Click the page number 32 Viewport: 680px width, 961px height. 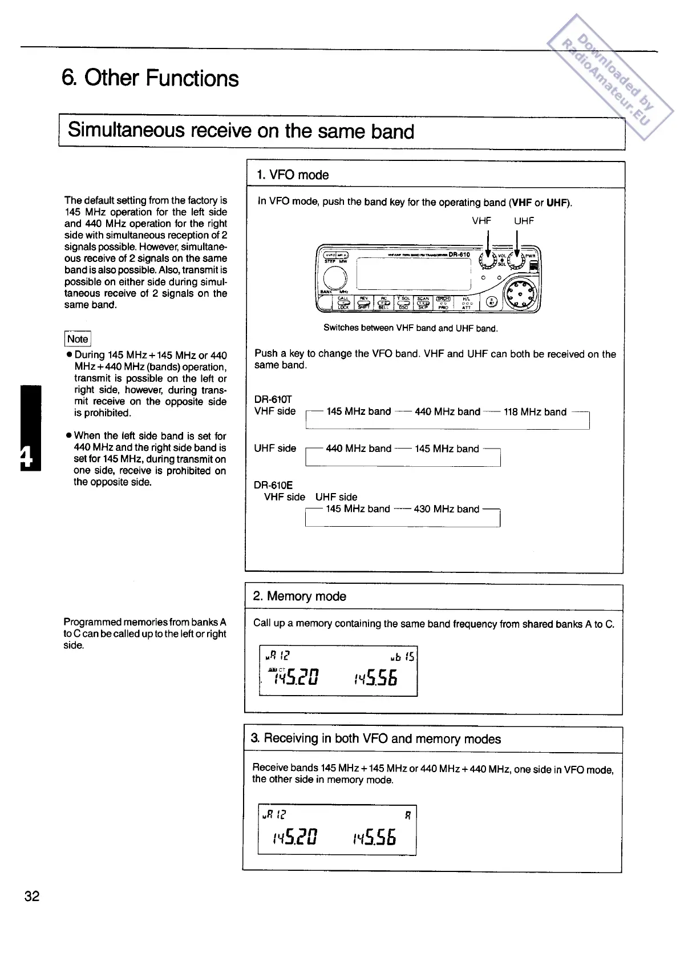32,895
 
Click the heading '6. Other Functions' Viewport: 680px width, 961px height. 150,78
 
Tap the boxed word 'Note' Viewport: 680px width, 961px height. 78,339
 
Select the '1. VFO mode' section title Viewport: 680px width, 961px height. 293,175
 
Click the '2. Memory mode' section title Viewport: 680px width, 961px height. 299,596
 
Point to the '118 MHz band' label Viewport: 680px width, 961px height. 535,412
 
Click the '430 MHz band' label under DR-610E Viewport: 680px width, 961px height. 446,509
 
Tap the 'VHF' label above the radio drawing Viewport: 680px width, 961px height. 481,221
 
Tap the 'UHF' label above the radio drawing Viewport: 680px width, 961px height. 524,221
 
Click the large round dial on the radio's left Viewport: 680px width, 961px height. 335,278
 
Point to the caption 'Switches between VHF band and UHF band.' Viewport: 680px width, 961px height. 410,328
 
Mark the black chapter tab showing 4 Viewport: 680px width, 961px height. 31,428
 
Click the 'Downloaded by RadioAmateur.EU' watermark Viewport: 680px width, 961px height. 609,78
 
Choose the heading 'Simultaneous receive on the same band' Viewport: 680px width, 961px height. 241,131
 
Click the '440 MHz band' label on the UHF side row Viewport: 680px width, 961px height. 358,449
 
